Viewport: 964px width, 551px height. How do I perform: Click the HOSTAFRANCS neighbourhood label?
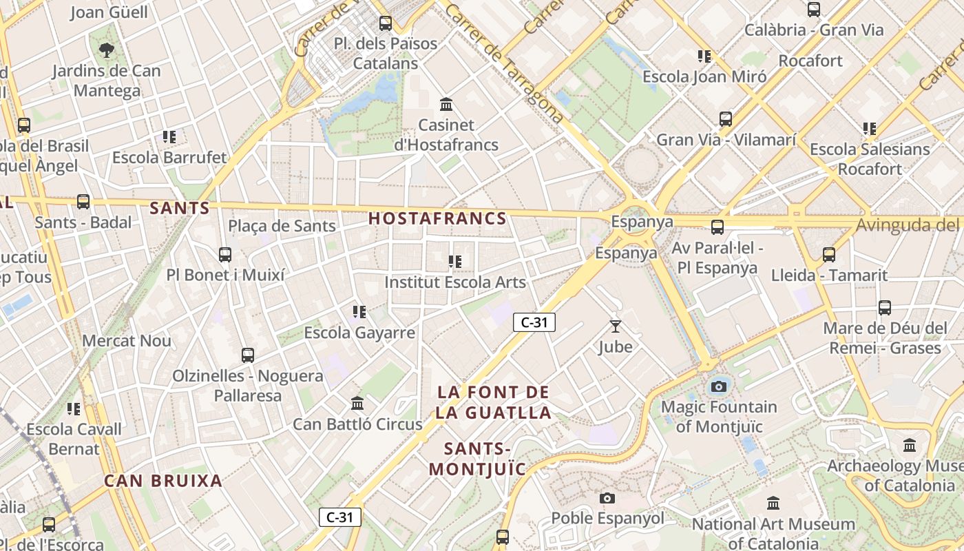tap(437, 219)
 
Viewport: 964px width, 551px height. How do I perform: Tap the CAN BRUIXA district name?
tap(163, 481)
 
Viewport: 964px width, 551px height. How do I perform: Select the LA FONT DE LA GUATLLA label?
tap(494, 402)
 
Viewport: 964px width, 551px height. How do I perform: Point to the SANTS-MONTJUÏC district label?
tap(477, 459)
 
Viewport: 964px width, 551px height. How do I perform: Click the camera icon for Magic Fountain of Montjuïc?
tap(719, 386)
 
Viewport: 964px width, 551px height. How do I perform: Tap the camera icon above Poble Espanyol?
tap(607, 498)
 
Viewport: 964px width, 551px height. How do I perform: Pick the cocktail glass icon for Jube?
tap(615, 326)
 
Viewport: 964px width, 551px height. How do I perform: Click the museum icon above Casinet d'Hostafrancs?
tap(446, 105)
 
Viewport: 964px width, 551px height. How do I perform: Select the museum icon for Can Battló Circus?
tap(357, 404)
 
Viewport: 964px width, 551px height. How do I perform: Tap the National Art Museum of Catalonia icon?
tap(773, 503)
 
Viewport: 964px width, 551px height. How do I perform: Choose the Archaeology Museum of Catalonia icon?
tap(910, 445)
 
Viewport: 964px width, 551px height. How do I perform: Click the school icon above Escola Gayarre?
tap(359, 312)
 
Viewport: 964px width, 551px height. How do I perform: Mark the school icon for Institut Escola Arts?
tap(454, 262)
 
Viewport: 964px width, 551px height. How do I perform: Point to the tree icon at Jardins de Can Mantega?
tap(106, 50)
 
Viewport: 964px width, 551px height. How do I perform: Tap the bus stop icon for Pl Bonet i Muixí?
tap(225, 255)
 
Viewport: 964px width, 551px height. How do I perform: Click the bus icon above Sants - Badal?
tap(83, 202)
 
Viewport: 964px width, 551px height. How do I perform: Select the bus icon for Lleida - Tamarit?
tap(829, 255)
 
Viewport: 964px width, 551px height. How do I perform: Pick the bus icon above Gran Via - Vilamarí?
tap(726, 119)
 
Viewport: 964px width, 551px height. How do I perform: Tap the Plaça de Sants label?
tap(282, 226)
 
